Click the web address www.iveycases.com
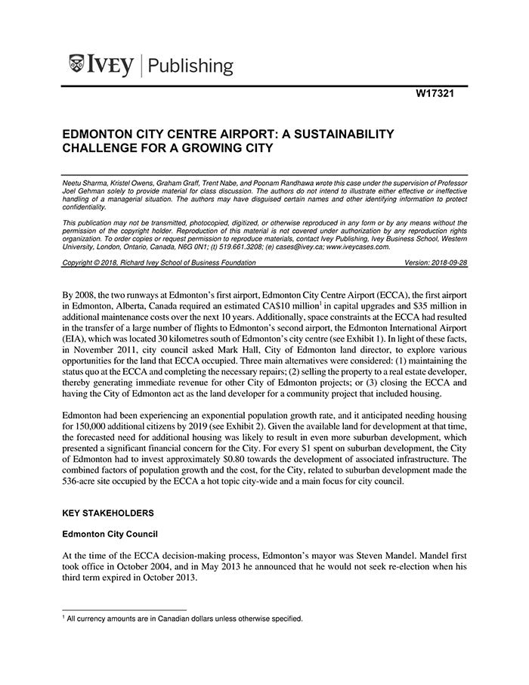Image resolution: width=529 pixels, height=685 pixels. [358, 246]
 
